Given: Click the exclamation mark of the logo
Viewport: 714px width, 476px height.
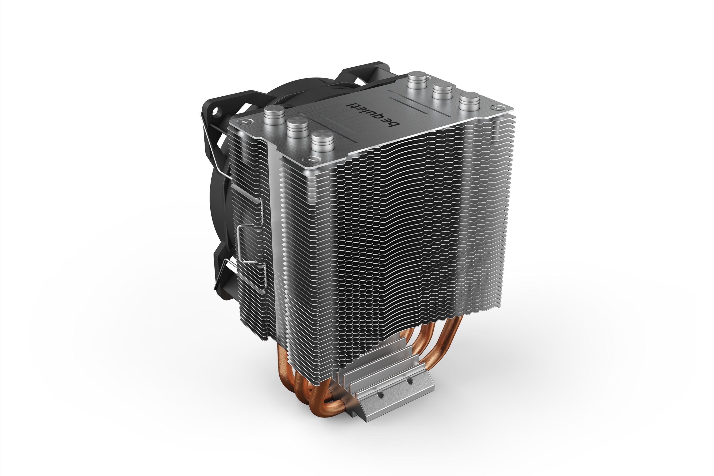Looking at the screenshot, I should (x=349, y=106).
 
